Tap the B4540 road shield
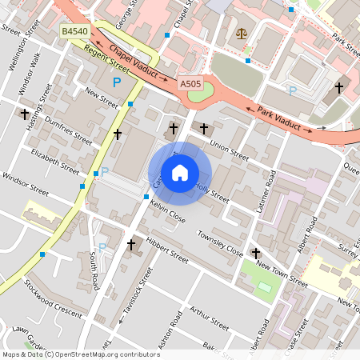[74, 31]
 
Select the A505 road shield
[190, 83]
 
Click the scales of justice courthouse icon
[242, 35]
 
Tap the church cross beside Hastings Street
[23, 114]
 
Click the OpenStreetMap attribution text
[81, 354]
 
